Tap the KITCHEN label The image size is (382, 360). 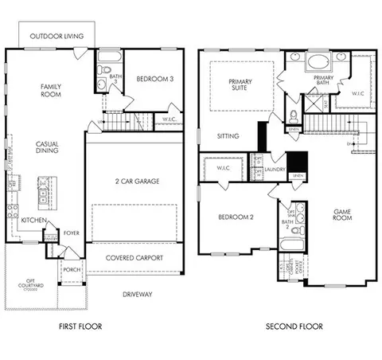coord(32,219)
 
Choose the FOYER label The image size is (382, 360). coord(72,233)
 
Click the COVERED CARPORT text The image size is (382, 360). coord(135,258)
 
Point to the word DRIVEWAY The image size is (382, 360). coord(138,295)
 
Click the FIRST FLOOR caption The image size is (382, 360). coord(80,327)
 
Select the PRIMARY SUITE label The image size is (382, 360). coord(240,85)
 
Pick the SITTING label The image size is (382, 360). coord(228,136)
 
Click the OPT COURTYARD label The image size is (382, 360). coord(32,283)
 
